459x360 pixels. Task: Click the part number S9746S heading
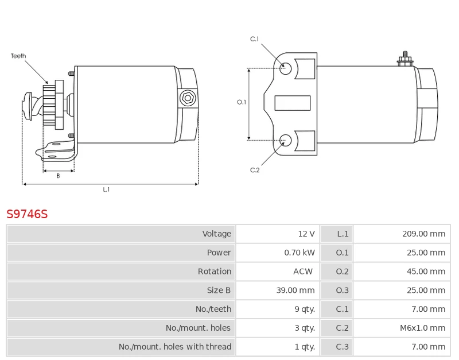pos(27,214)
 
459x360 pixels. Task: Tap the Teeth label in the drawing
pos(18,56)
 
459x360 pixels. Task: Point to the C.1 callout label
pos(255,39)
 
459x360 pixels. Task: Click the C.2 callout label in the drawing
pos(255,170)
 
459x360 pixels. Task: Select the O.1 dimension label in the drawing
pos(242,102)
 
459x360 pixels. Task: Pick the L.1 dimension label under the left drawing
pos(106,189)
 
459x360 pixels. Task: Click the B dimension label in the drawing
pos(58,176)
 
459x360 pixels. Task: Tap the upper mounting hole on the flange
pos(286,68)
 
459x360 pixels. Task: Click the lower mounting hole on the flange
pos(286,140)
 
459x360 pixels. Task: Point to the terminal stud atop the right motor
pos(405,59)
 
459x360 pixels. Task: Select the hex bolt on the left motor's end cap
pos(186,98)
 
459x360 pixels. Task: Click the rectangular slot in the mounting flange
pos(293,103)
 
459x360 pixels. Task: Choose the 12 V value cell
pos(306,234)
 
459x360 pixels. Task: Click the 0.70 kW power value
pos(299,253)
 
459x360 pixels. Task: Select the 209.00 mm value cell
pos(423,234)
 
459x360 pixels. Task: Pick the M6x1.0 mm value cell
pos(423,328)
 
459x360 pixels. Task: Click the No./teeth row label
pos(213,309)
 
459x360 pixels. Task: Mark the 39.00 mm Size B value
pos(295,291)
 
